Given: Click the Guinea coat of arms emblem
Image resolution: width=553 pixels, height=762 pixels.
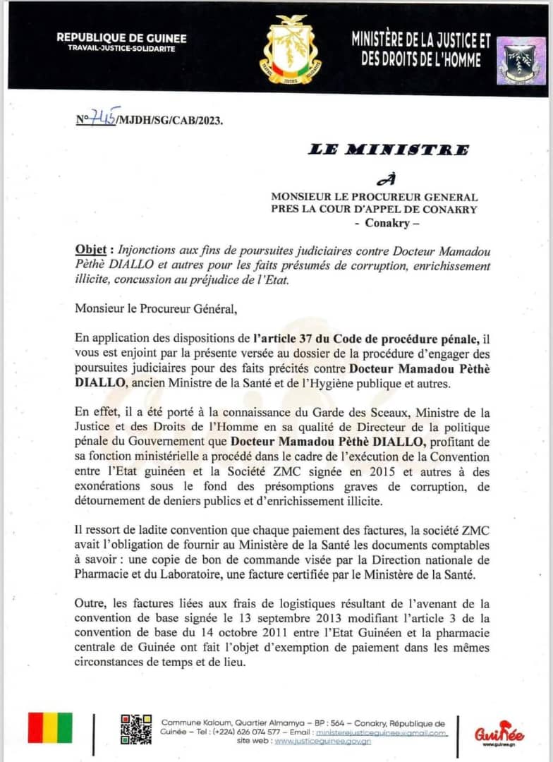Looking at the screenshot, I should [x=292, y=50].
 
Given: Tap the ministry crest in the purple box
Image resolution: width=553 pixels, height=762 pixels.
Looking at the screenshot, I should [x=521, y=61].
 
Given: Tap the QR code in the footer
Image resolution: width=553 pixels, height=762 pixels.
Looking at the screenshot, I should [x=135, y=729].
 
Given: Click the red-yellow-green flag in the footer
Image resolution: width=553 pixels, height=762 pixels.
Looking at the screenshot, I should [x=49, y=728].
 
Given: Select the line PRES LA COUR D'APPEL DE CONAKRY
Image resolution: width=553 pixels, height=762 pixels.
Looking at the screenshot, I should [x=374, y=210].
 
